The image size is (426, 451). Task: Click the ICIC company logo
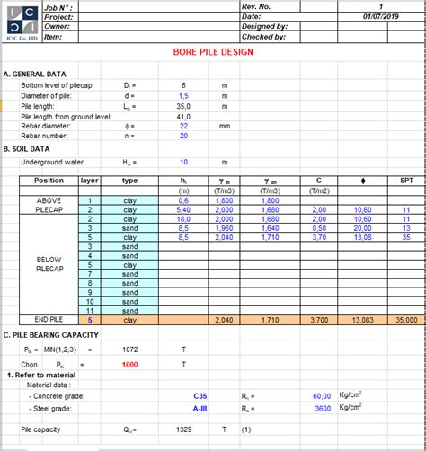pos(20,22)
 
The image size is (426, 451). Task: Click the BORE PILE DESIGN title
pos(212,52)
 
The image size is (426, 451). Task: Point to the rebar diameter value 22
pos(183,126)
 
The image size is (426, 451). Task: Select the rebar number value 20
pos(183,137)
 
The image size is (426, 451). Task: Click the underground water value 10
pos(183,163)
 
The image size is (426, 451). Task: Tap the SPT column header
pos(406,181)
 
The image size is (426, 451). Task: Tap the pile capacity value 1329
pos(185,430)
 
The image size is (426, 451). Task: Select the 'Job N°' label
pos(57,5)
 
